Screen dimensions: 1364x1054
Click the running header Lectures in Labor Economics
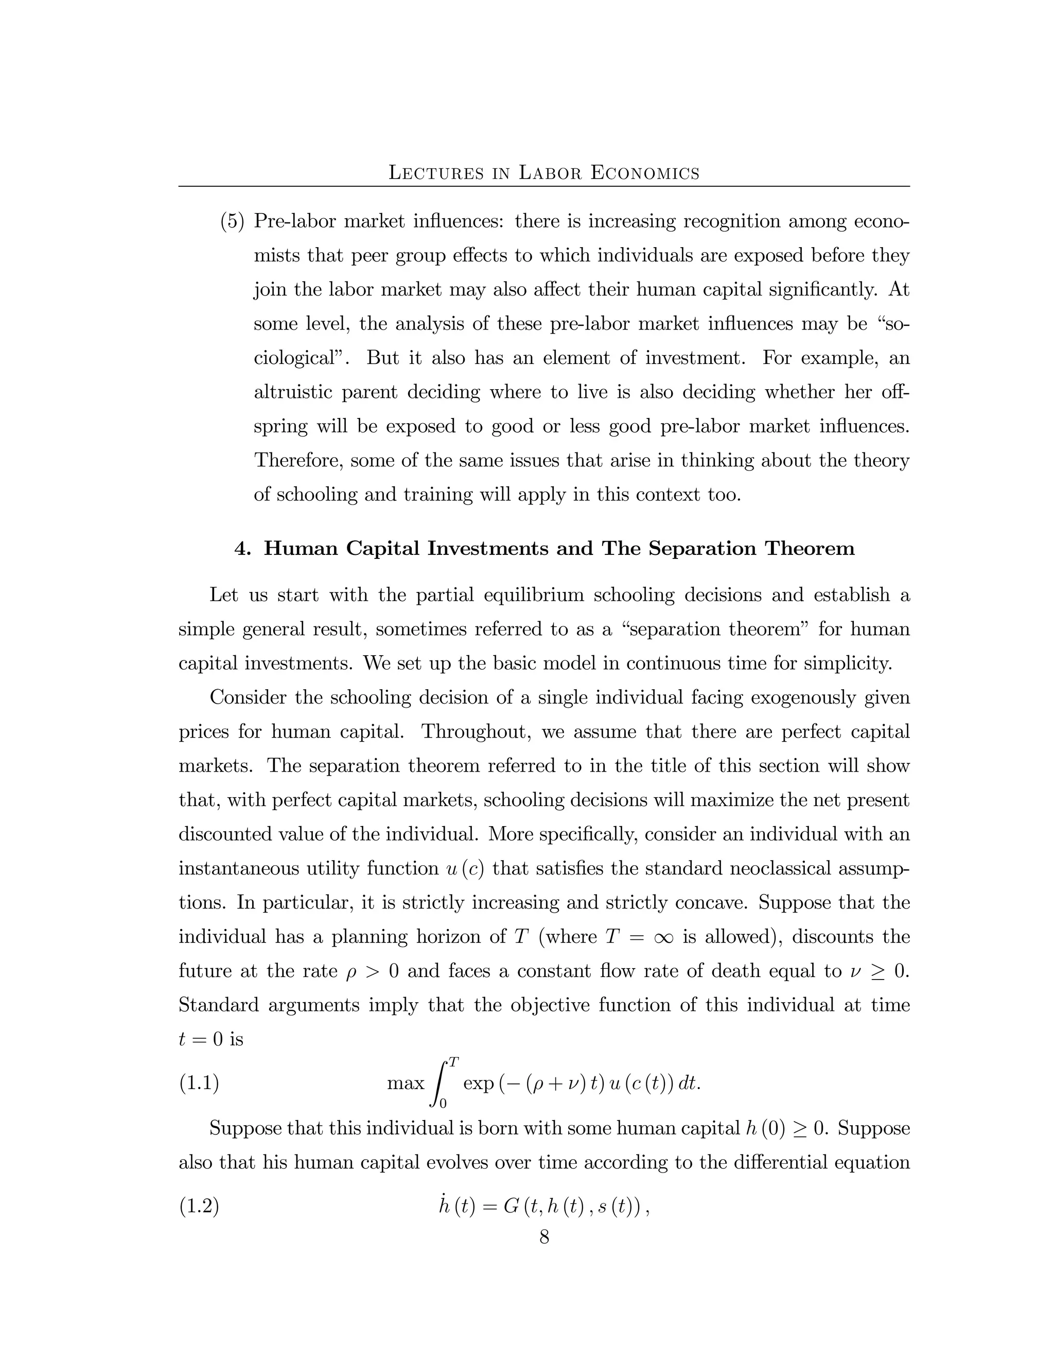(x=544, y=172)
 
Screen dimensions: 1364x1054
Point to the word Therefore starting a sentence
(x=298, y=461)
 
